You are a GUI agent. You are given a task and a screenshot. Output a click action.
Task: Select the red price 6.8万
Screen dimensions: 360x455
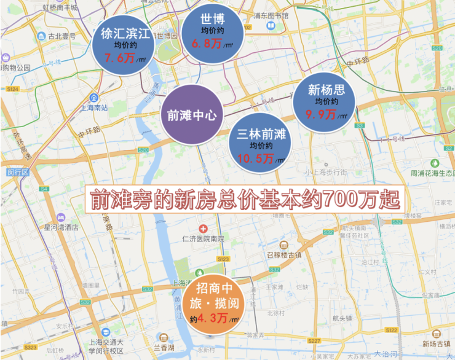[x=207, y=44]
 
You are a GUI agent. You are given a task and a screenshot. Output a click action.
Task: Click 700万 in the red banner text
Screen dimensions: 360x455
[x=349, y=198]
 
